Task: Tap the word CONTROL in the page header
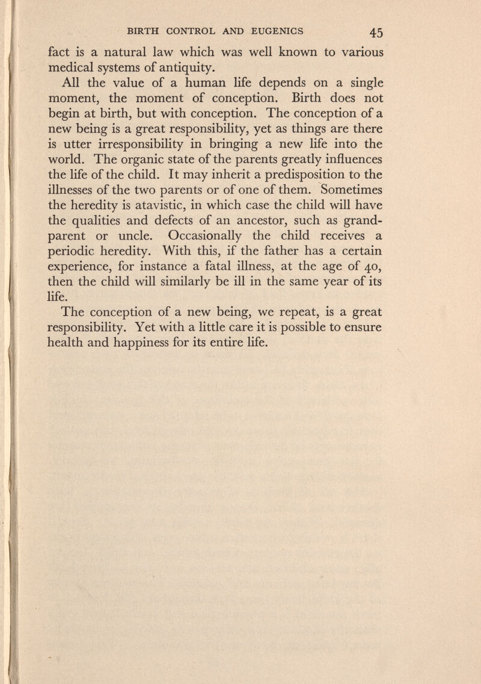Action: pos(199,28)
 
